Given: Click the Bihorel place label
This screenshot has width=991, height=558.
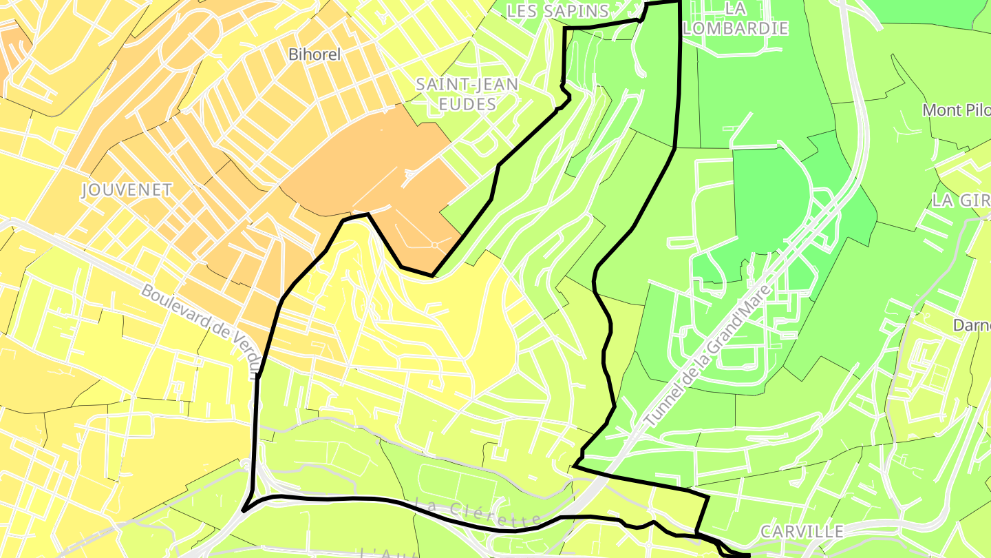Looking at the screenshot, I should (315, 54).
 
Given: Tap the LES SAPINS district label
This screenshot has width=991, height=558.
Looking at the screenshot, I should (557, 11).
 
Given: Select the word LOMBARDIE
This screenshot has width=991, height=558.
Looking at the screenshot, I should (736, 28).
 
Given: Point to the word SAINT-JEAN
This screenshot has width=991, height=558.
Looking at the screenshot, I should (467, 84).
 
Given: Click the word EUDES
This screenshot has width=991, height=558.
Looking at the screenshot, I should (466, 104).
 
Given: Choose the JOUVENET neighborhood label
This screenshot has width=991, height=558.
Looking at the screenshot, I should (127, 190).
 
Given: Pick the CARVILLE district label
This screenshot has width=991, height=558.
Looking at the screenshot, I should (802, 531).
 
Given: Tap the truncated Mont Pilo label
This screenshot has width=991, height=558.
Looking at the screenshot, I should (956, 110).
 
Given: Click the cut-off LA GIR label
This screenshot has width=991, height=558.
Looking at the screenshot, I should (961, 200).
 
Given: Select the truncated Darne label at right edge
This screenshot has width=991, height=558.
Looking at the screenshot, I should (971, 324).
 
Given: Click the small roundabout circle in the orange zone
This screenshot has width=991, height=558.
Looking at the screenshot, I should (434, 245).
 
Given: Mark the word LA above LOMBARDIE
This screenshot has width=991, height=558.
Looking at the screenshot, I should (736, 8).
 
